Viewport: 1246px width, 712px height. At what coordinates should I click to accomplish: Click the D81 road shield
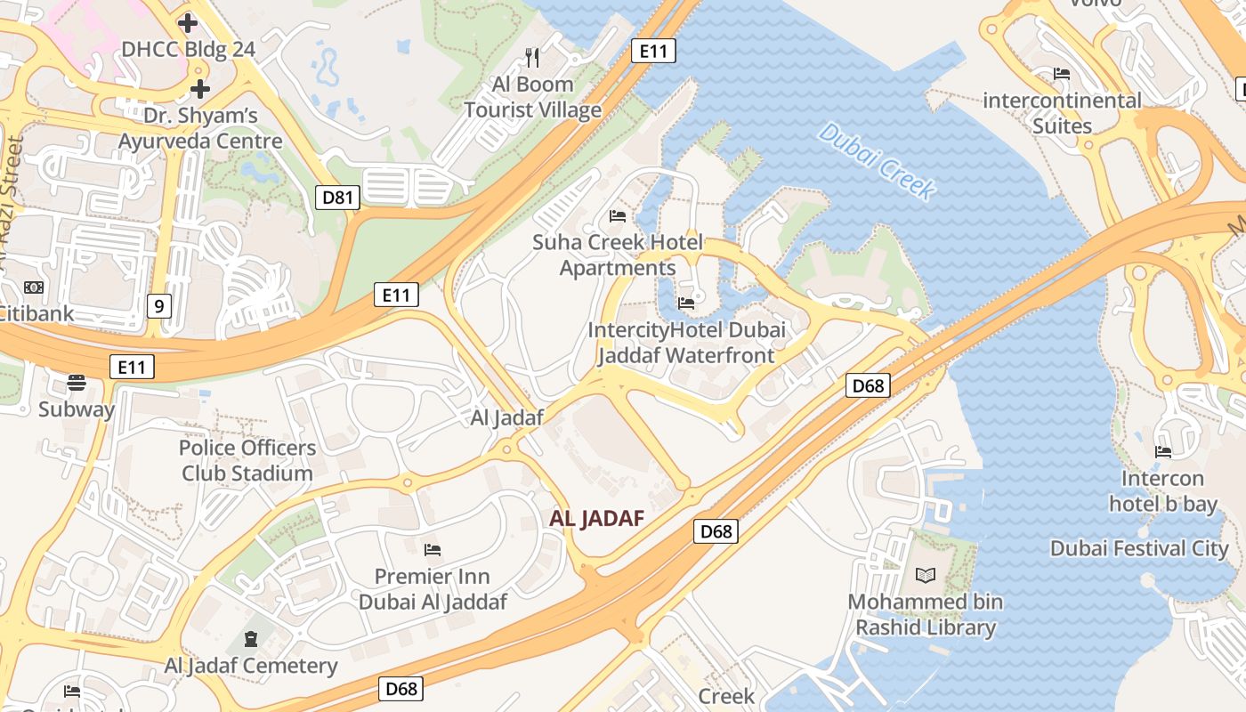(x=337, y=198)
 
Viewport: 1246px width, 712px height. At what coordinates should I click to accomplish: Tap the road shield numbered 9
(x=158, y=307)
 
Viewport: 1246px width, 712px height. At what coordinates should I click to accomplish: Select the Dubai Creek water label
(x=877, y=161)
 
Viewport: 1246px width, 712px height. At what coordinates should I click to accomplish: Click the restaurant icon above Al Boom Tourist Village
(x=532, y=58)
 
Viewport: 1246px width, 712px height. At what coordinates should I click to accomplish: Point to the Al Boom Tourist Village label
(x=532, y=98)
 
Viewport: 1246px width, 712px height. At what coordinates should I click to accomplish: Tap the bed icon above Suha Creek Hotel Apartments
(x=618, y=215)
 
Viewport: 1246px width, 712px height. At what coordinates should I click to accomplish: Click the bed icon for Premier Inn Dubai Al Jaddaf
(x=433, y=549)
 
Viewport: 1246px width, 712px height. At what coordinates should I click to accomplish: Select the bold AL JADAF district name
(x=596, y=519)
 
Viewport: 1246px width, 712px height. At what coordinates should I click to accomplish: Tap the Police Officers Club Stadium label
(x=247, y=460)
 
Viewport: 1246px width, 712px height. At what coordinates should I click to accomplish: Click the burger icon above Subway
(x=77, y=383)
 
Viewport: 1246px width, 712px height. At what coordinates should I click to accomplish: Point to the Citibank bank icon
(x=34, y=287)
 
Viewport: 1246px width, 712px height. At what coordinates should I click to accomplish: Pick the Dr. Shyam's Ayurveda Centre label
(x=201, y=128)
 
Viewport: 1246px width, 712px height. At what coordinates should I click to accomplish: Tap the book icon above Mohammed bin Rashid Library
(x=926, y=576)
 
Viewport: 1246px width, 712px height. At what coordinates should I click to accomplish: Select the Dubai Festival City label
(x=1139, y=548)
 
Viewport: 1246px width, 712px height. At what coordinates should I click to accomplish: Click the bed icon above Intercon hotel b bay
(x=1162, y=452)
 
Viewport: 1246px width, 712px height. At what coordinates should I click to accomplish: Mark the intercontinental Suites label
(x=1062, y=113)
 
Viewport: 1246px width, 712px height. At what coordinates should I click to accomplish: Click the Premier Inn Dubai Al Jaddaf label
(x=433, y=589)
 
